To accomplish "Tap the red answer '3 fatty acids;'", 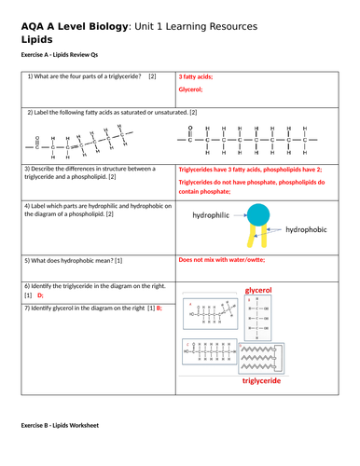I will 202,76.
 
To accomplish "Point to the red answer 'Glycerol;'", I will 195,90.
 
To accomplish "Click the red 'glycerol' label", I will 262,291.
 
